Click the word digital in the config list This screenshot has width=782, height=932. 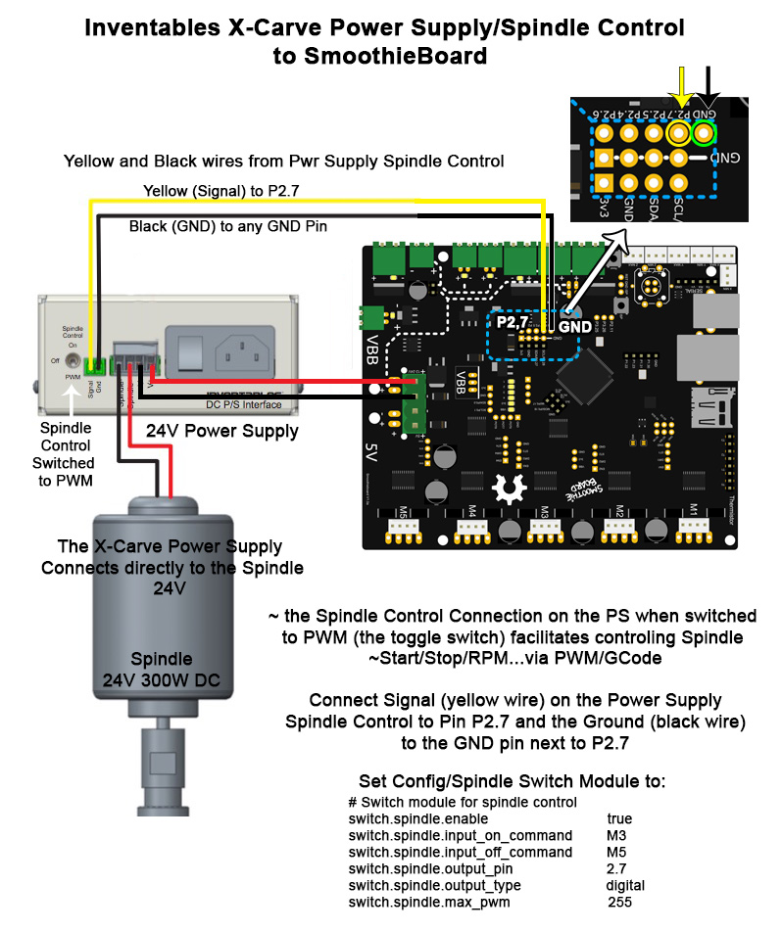click(625, 885)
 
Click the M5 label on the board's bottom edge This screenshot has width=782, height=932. click(403, 511)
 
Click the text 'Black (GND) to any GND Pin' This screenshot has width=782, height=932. click(228, 226)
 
